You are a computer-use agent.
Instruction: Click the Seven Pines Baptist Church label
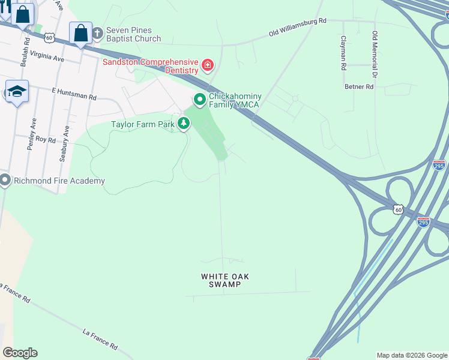[134, 34]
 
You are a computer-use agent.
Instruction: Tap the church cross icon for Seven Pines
[97, 34]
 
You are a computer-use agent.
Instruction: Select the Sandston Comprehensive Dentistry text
[150, 66]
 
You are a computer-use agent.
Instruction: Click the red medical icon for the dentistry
[208, 65]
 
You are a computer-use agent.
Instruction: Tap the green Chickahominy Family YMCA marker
[199, 99]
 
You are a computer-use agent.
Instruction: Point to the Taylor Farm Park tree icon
[184, 124]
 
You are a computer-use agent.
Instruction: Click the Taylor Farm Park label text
[142, 125]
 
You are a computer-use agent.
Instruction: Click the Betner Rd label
[359, 87]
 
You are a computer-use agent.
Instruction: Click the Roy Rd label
[46, 140]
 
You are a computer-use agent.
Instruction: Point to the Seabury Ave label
[61, 148]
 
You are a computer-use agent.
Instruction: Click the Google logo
[20, 353]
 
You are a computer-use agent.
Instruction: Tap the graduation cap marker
[17, 92]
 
